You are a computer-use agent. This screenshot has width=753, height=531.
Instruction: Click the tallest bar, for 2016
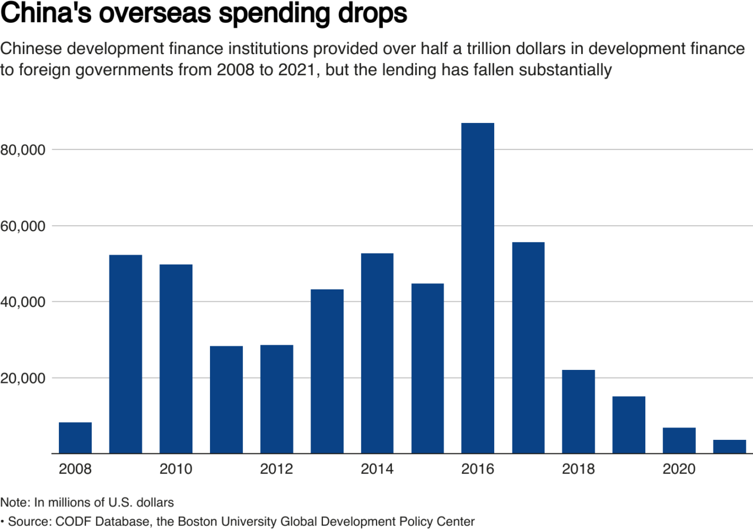tap(478, 288)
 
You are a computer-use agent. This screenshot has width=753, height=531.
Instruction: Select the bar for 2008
tap(75, 438)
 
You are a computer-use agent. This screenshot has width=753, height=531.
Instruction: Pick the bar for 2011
tap(226, 400)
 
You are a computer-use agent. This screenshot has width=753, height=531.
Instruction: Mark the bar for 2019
tap(629, 425)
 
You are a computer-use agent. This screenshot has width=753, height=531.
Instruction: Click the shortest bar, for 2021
tap(729, 447)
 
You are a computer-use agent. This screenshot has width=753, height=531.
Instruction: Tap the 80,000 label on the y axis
tap(24, 150)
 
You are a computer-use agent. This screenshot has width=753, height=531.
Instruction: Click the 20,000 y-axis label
tap(24, 378)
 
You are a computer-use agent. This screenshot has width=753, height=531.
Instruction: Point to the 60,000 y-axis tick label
tap(24, 226)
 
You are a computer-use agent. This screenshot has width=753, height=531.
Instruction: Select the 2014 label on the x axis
tap(377, 469)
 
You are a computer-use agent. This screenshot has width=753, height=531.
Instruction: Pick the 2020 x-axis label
tap(679, 469)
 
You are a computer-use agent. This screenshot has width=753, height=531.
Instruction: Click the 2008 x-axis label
tap(75, 469)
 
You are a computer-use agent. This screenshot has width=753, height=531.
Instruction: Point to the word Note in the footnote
tap(12, 503)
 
